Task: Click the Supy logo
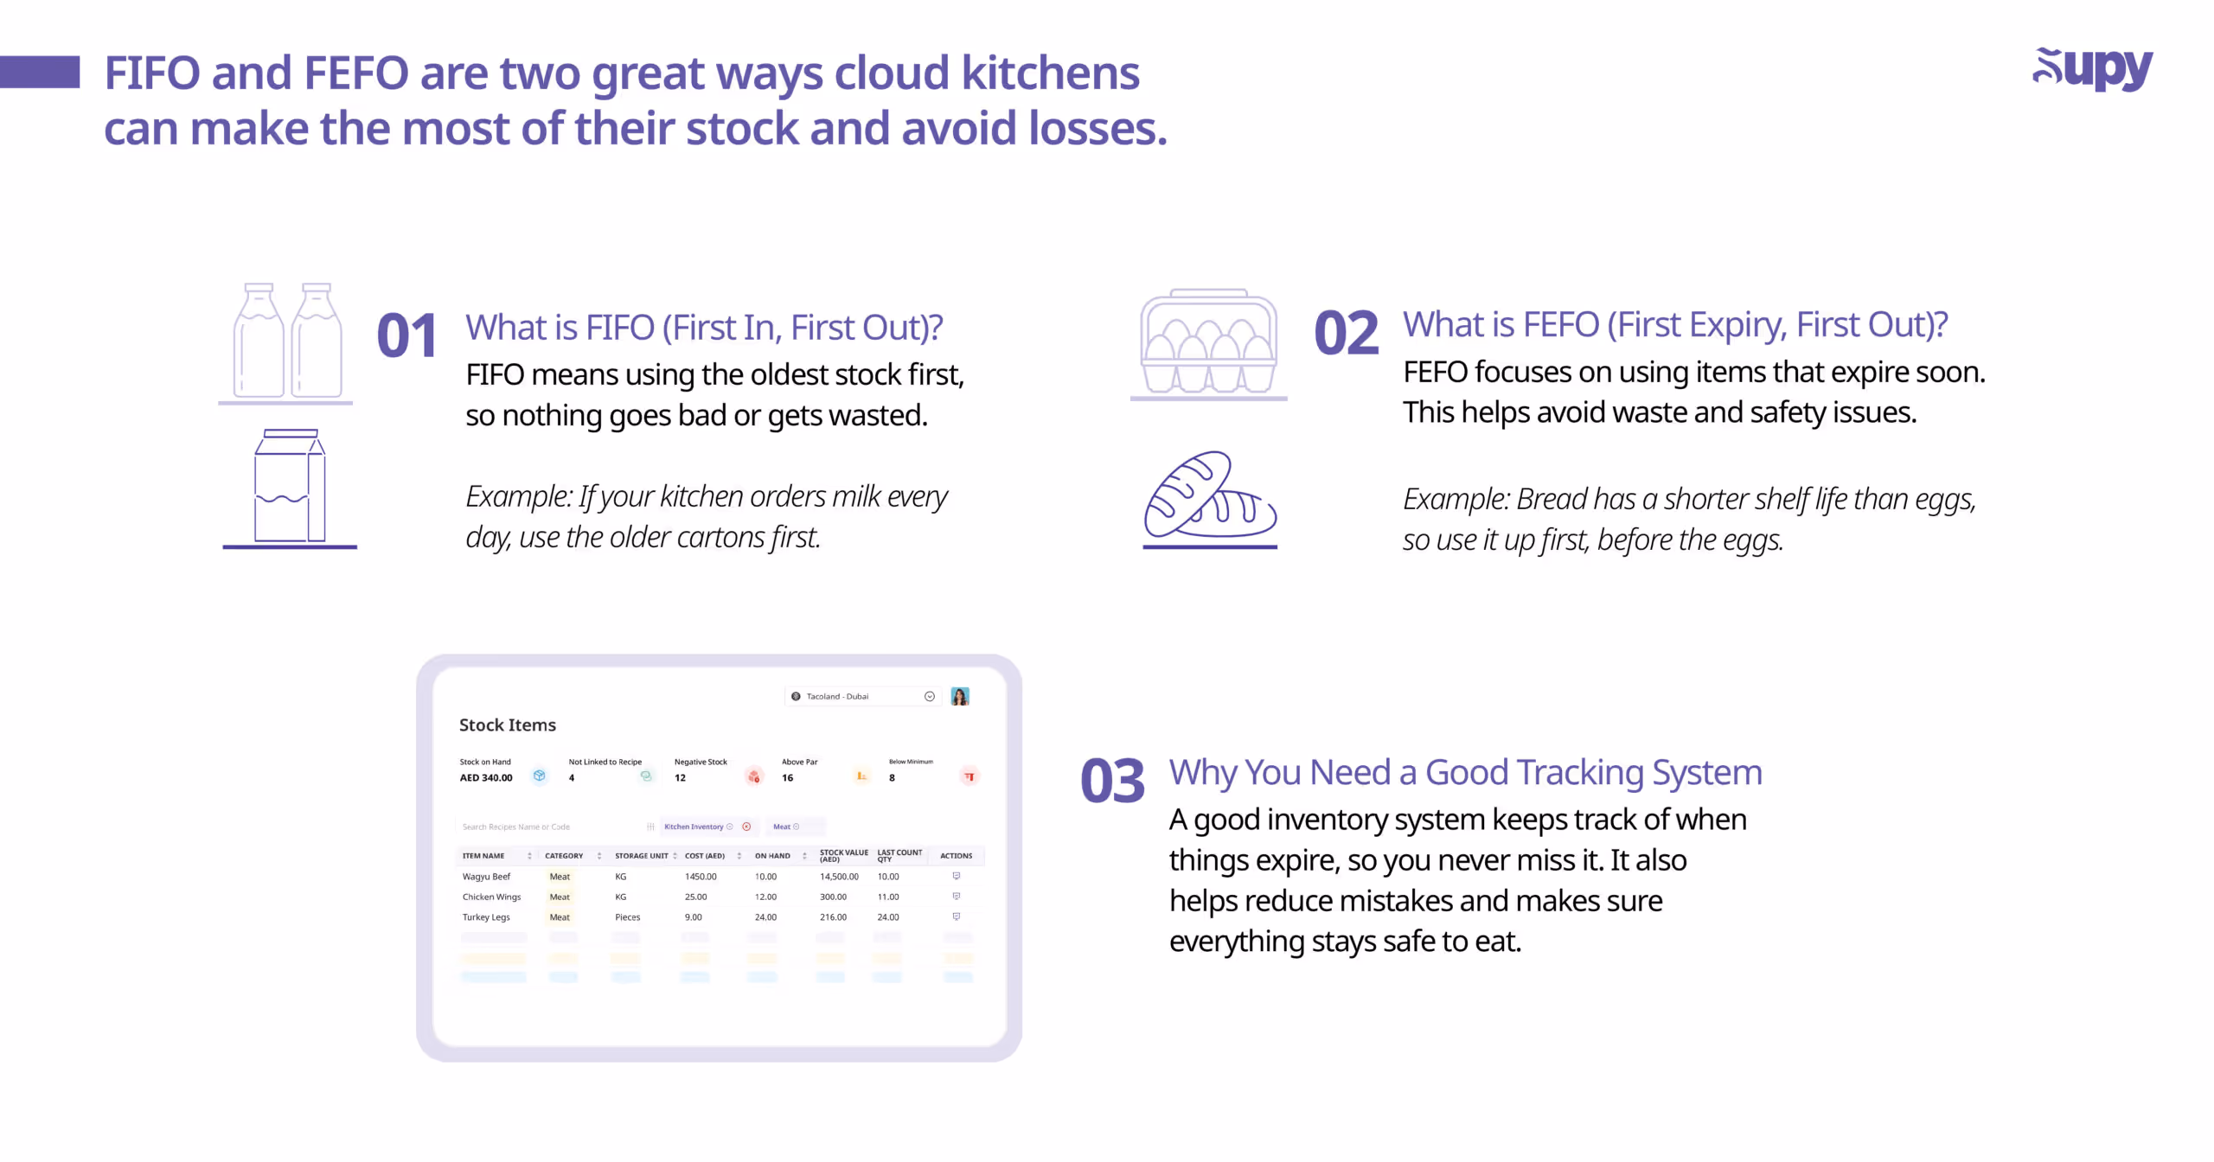(x=2092, y=69)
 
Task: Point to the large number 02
(x=1346, y=333)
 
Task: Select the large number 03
(x=1112, y=780)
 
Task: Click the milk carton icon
(x=290, y=486)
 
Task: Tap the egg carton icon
(x=1208, y=342)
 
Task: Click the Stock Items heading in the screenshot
(x=508, y=725)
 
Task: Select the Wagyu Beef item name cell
(x=486, y=877)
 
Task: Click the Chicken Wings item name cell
(x=491, y=897)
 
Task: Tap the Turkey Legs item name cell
(x=486, y=917)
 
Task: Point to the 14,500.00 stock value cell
(x=839, y=877)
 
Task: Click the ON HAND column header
(x=772, y=856)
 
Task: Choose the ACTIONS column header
(x=956, y=856)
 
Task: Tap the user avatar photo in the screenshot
(x=960, y=696)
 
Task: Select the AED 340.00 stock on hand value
(x=486, y=777)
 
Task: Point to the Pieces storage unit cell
(x=628, y=917)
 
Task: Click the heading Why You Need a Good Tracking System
(x=1465, y=772)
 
